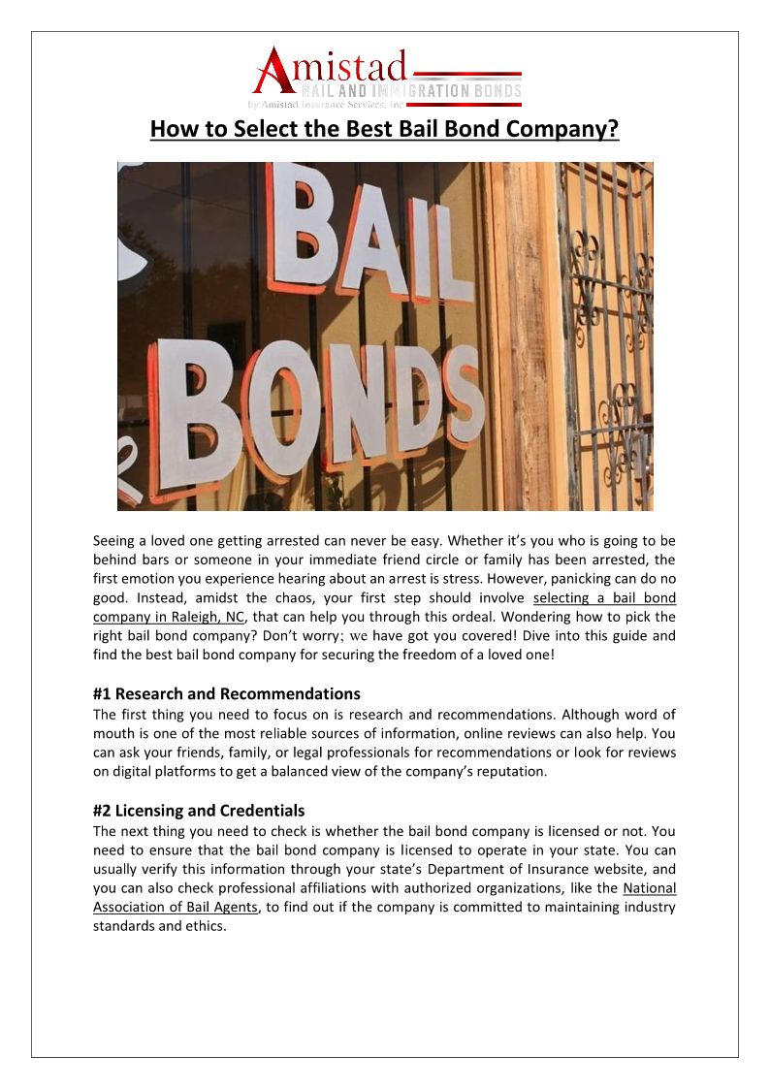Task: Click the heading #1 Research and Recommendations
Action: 227,693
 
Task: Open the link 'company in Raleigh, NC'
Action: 170,617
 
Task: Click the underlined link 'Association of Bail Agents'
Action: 176,907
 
